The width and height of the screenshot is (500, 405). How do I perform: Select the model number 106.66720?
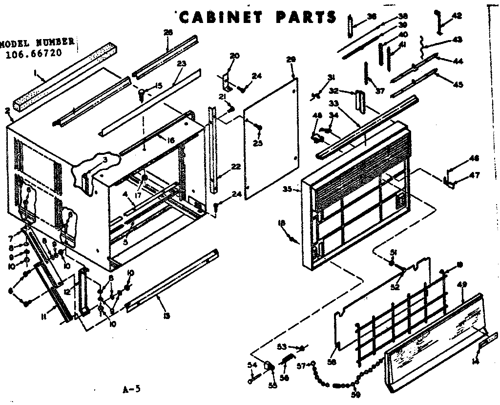pyautogui.click(x=34, y=53)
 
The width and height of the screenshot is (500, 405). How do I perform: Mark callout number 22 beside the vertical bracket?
pyautogui.click(x=236, y=167)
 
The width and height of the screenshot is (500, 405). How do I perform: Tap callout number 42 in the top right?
pyautogui.click(x=457, y=16)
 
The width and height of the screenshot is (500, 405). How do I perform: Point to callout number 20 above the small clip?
pyautogui.click(x=234, y=56)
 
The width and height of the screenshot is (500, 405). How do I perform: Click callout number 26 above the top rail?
pyautogui.click(x=168, y=32)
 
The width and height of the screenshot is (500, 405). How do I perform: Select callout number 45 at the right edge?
pyautogui.click(x=458, y=84)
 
